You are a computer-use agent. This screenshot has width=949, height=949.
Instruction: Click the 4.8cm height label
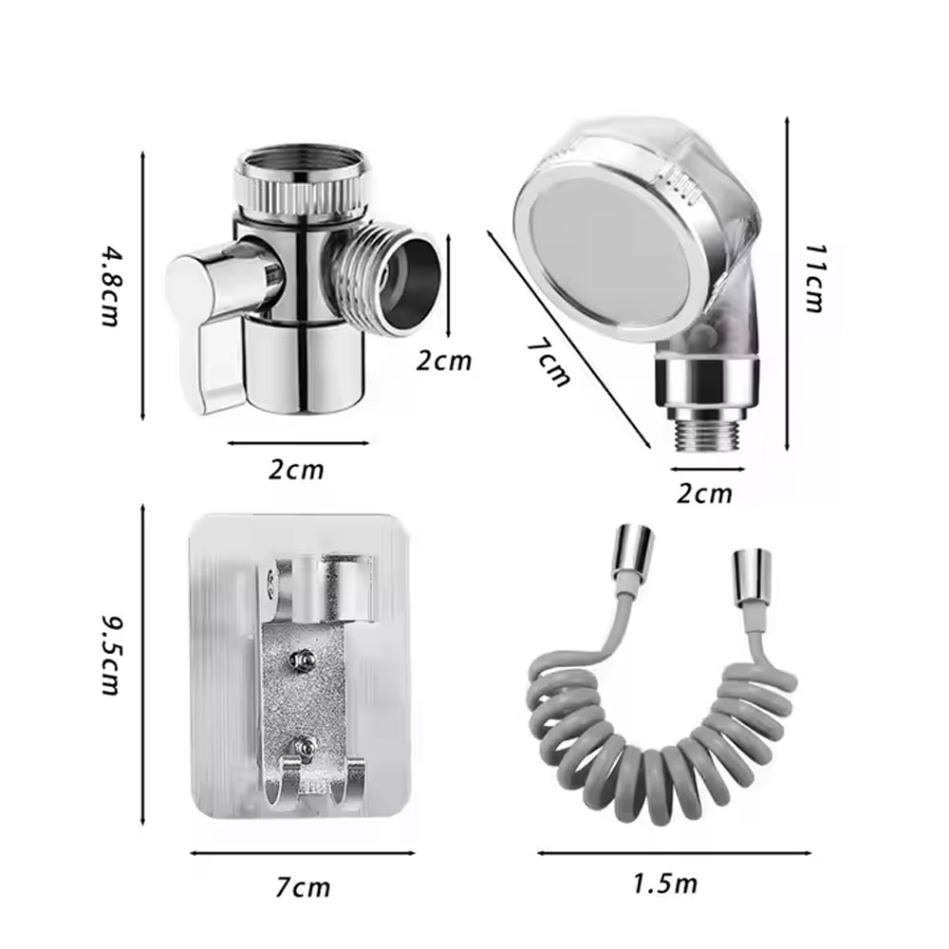(109, 286)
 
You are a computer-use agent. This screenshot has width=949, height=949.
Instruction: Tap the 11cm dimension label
(814, 278)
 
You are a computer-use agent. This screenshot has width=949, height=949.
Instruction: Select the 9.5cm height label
(111, 656)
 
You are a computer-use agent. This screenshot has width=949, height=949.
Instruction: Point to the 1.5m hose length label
(665, 884)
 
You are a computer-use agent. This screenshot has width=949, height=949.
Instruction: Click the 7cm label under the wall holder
(304, 888)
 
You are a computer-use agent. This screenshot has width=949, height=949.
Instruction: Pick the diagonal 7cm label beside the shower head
(549, 363)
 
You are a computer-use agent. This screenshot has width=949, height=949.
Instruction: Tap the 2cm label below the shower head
(704, 493)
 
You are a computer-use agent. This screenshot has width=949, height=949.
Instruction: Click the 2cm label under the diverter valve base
(296, 470)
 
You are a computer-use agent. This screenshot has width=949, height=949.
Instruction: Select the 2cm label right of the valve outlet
(443, 361)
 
